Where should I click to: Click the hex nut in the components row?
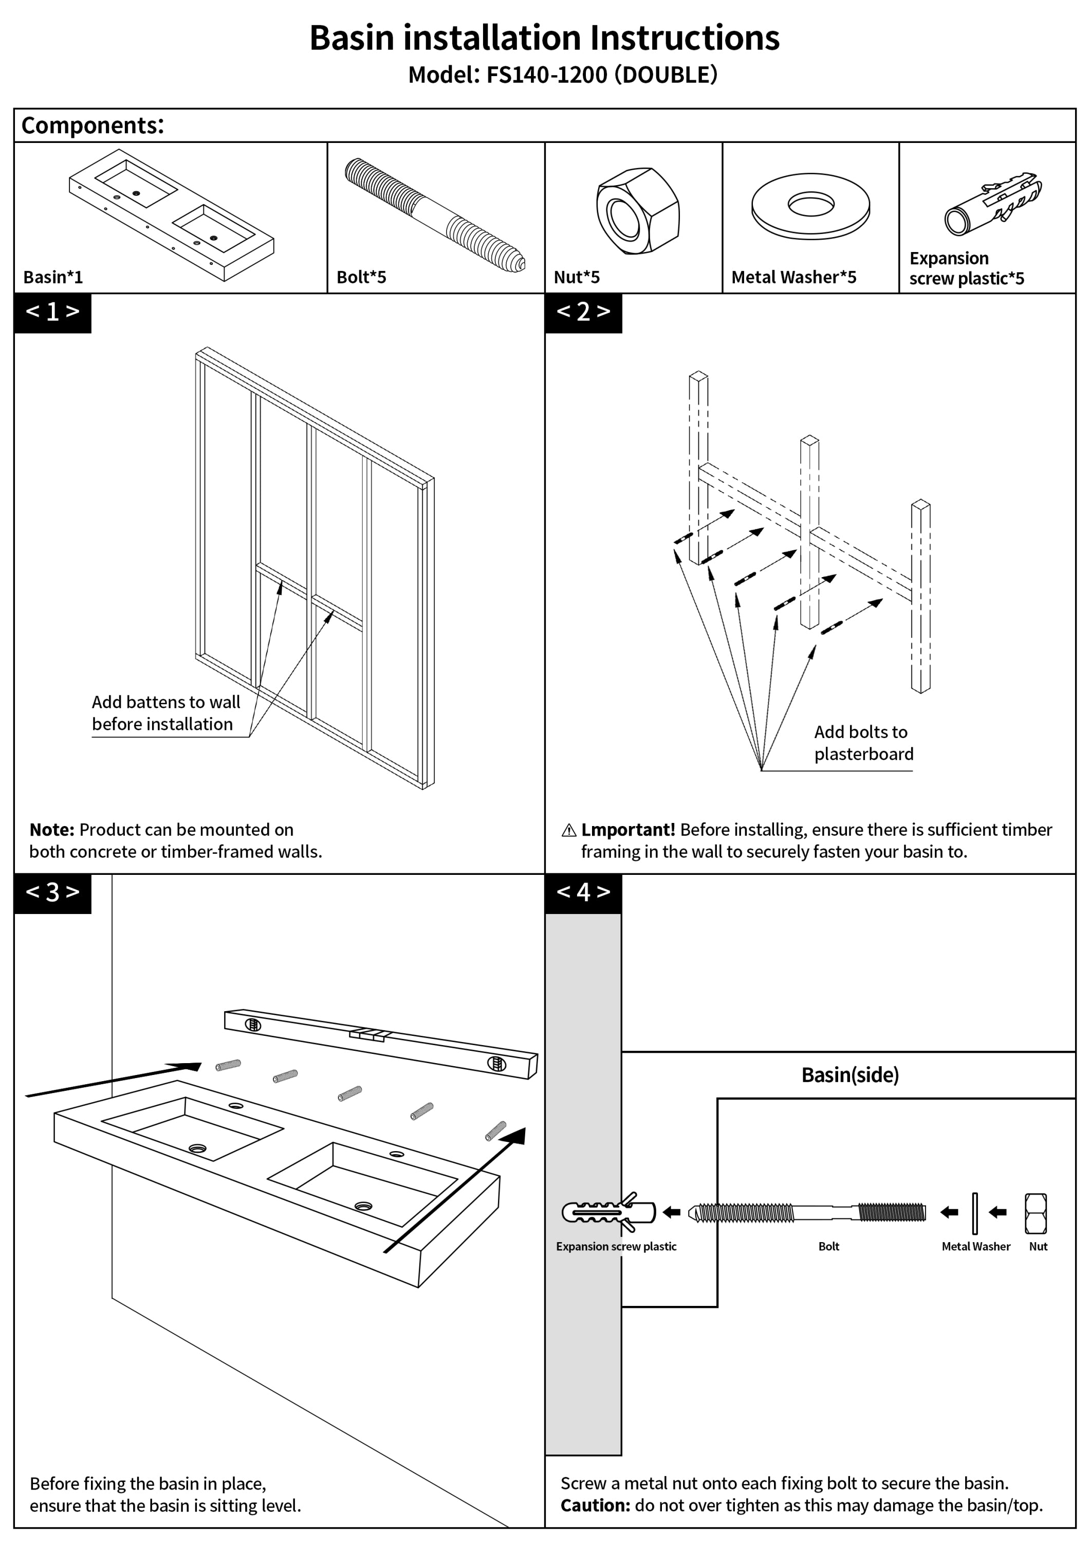click(637, 210)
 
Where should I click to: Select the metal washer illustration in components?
click(810, 206)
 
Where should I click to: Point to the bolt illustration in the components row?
click(435, 214)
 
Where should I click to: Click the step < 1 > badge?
click(52, 313)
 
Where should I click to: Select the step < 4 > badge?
click(583, 893)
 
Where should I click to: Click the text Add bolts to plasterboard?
click(863, 743)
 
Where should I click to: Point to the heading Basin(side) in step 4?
click(849, 1074)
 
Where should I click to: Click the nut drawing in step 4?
click(1036, 1213)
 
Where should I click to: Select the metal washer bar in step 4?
click(974, 1213)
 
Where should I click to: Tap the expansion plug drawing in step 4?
click(608, 1212)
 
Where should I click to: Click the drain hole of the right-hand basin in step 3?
click(363, 1206)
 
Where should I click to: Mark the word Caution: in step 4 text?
click(595, 1505)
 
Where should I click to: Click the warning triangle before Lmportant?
click(568, 831)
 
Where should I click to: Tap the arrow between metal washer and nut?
click(997, 1212)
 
